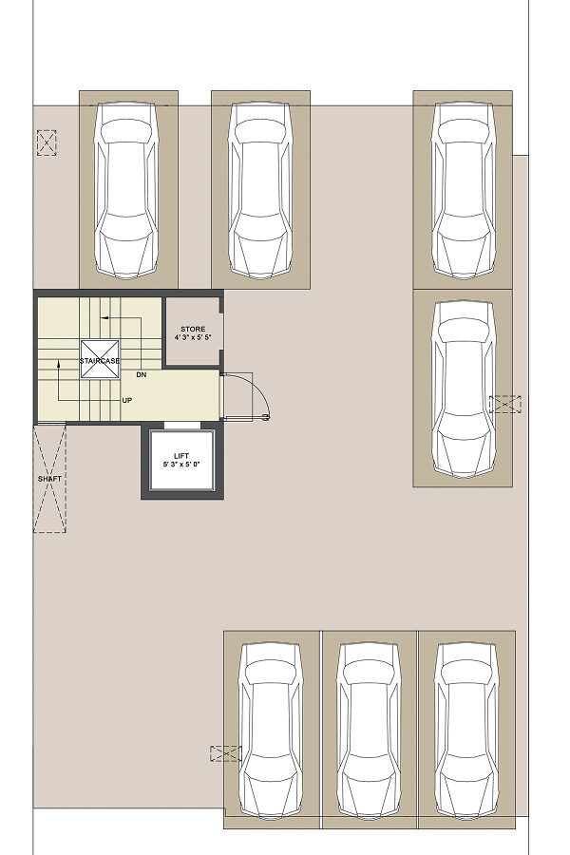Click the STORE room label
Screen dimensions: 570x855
point(193,329)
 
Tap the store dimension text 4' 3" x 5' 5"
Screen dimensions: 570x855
point(193,338)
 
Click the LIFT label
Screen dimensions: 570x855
point(181,456)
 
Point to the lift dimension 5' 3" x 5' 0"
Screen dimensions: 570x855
point(181,465)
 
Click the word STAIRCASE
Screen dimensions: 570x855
point(99,361)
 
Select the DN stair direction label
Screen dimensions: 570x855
point(142,375)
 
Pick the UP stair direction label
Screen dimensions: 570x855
point(127,400)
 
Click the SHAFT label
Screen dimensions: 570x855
point(49,479)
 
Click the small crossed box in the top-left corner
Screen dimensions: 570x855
point(47,142)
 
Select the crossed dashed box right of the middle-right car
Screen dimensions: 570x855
point(505,404)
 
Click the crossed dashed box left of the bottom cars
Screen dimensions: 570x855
point(226,753)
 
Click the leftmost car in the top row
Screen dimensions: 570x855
point(126,190)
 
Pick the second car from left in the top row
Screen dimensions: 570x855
point(259,190)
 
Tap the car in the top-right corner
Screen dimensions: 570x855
point(463,190)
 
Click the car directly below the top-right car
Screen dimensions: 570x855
point(463,389)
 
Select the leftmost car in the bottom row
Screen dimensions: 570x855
point(271,731)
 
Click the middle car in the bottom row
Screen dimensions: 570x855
point(370,731)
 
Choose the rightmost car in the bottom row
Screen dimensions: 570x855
point(466,731)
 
